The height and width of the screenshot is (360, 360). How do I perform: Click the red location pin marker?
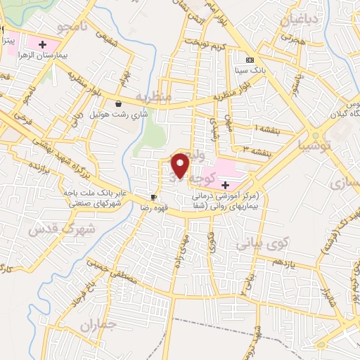tap(181, 165)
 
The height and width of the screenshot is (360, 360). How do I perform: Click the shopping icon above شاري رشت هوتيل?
tap(120, 103)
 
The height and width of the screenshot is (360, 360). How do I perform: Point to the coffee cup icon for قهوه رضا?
tap(153, 197)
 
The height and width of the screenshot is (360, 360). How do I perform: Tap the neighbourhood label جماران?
tap(96, 326)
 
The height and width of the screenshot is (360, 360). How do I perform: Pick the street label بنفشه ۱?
tap(271, 130)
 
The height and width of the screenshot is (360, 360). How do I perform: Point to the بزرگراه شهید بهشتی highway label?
tap(70, 140)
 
